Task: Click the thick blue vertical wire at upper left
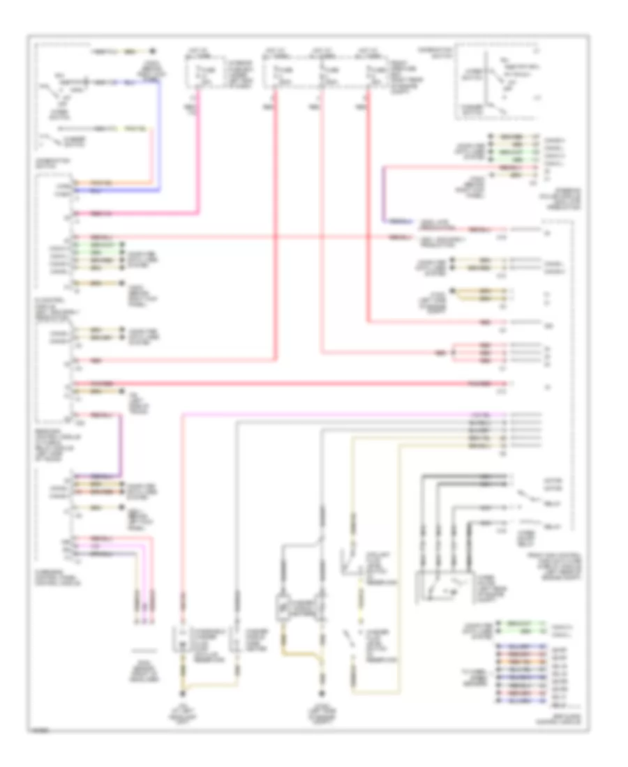pos(160,132)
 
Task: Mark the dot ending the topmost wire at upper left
pos(151,52)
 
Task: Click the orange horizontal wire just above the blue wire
pos(112,183)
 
